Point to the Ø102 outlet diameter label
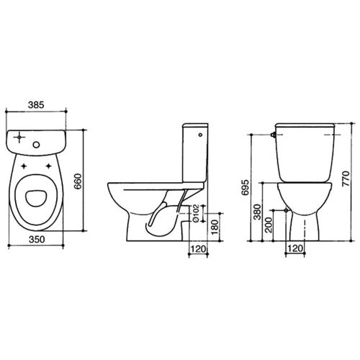click(x=196, y=213)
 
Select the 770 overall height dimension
click(x=345, y=178)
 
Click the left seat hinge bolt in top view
click(x=28, y=166)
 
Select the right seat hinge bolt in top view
click(x=50, y=166)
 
